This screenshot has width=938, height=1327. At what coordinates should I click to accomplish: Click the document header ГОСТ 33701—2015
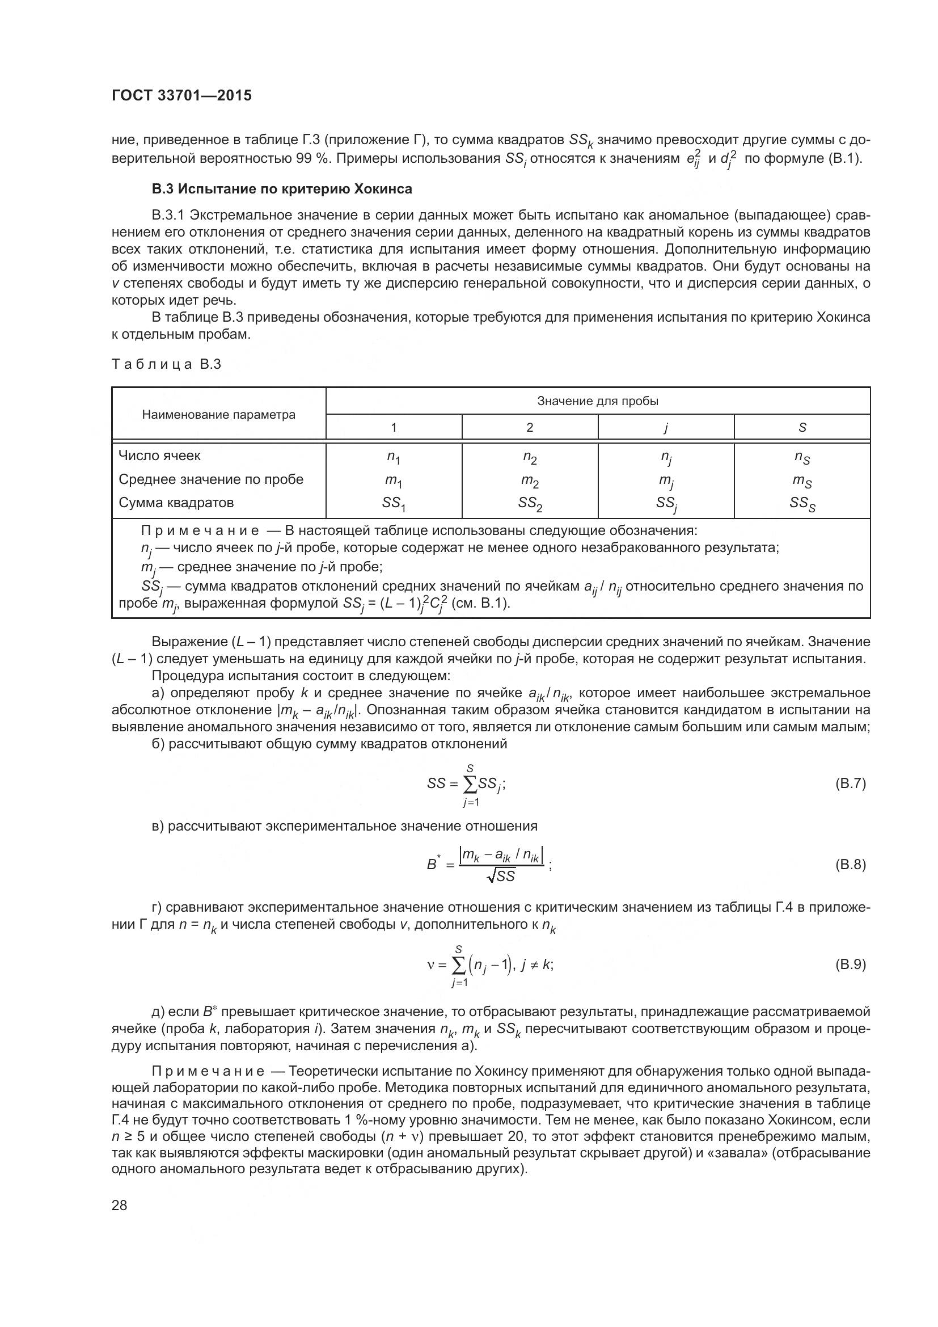pyautogui.click(x=181, y=96)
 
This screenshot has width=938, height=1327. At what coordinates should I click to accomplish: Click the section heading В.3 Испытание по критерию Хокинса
pyautogui.click(x=282, y=189)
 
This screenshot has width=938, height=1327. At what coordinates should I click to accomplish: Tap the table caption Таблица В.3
pyautogui.click(x=166, y=365)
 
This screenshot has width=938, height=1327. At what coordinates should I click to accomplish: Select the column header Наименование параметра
pyautogui.click(x=218, y=414)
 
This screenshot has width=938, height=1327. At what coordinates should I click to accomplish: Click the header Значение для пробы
pyautogui.click(x=597, y=401)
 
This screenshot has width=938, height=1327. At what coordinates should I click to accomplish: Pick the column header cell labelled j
pyautogui.click(x=665, y=428)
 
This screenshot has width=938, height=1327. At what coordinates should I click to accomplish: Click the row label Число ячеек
pyautogui.click(x=159, y=456)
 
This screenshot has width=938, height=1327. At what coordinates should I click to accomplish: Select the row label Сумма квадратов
pyautogui.click(x=176, y=502)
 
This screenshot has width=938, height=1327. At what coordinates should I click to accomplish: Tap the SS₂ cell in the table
pyautogui.click(x=530, y=504)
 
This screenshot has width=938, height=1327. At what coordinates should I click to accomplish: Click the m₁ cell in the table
pyautogui.click(x=394, y=481)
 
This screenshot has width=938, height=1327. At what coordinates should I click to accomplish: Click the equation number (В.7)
pyautogui.click(x=850, y=783)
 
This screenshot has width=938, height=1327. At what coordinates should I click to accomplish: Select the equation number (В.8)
pyautogui.click(x=850, y=865)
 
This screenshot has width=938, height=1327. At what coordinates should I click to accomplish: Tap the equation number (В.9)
pyautogui.click(x=850, y=964)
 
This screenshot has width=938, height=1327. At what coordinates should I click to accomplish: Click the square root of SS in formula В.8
pyautogui.click(x=501, y=876)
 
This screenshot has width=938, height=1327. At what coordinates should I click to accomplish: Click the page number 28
pyautogui.click(x=120, y=1206)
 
